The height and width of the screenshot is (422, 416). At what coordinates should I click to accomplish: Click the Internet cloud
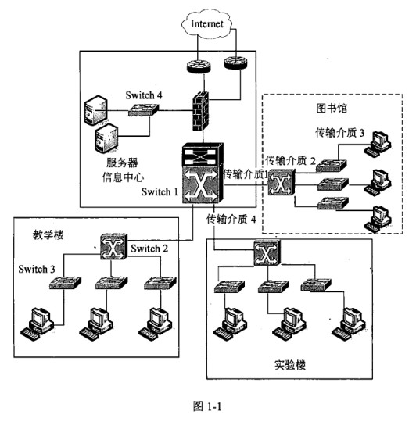tap(206, 23)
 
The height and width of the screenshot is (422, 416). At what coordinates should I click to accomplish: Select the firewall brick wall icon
tap(201, 111)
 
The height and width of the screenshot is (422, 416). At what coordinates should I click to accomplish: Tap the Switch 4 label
tap(144, 95)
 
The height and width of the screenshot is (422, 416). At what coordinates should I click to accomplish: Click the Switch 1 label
tap(160, 191)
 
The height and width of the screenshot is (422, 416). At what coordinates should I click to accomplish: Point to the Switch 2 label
tap(149, 249)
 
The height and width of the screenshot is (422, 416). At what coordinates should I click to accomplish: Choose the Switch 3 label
tap(37, 269)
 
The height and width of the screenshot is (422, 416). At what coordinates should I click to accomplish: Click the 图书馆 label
tap(332, 108)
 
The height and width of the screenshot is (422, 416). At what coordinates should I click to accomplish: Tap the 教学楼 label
tap(48, 234)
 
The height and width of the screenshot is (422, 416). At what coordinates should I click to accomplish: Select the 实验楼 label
tap(290, 365)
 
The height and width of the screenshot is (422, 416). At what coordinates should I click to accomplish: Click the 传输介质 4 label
tap(231, 219)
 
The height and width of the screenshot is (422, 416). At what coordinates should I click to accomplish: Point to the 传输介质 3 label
tap(340, 132)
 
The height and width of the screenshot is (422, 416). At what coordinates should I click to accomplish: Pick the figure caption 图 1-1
tap(207, 406)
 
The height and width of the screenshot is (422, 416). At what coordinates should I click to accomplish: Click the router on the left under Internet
tap(199, 66)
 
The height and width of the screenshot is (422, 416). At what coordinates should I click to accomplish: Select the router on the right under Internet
tap(235, 63)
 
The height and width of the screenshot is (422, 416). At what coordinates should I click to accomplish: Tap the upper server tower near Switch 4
tap(95, 110)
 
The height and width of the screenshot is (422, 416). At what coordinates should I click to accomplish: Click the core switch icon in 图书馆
tap(281, 182)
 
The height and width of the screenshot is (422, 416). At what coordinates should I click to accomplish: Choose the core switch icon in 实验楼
tap(267, 252)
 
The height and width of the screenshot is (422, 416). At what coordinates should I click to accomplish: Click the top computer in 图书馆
tap(378, 144)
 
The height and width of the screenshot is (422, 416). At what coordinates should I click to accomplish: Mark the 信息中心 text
tap(123, 177)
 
